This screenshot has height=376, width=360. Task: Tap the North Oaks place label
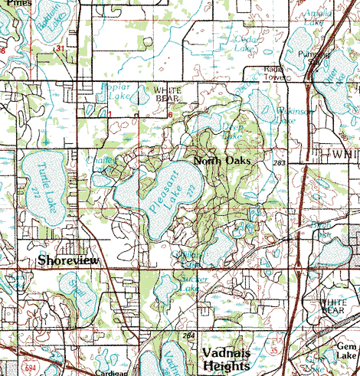click(223, 161)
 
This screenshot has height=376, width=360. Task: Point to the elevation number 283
click(281, 163)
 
